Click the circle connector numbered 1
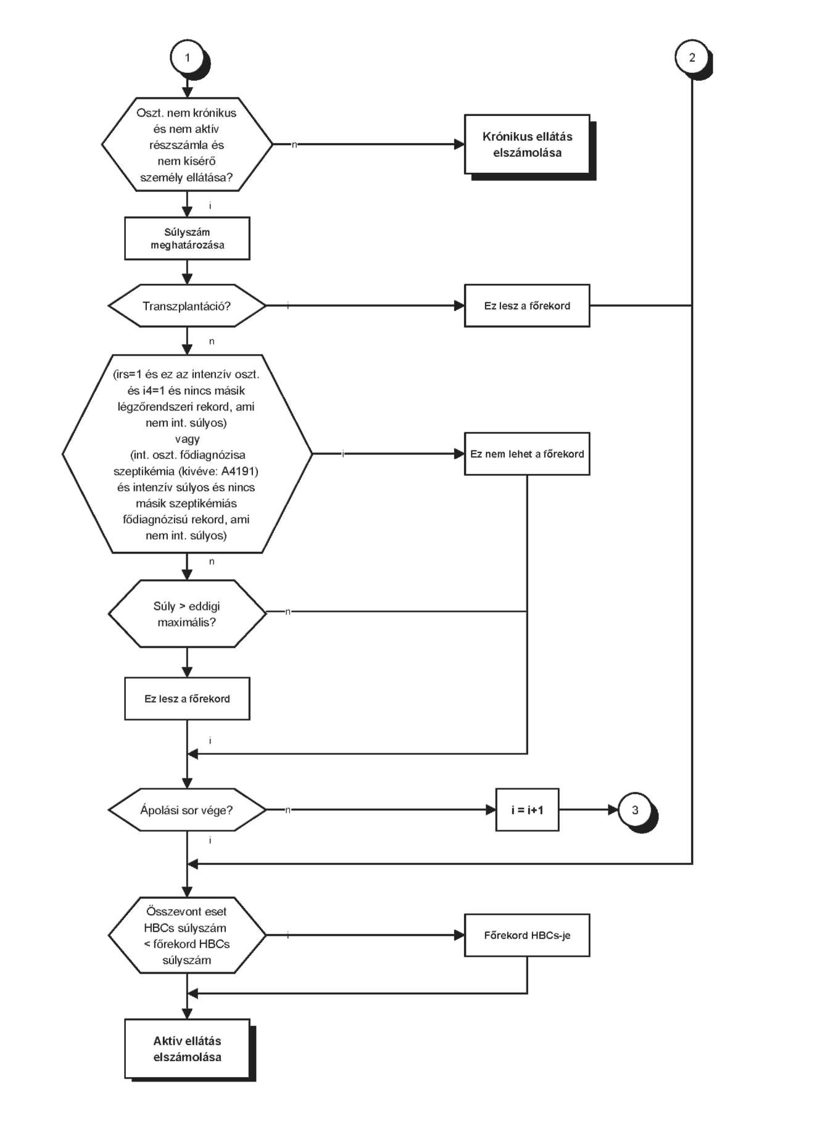point(187,58)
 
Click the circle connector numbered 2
point(692,57)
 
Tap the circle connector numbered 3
point(635,809)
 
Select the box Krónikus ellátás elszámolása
point(527,144)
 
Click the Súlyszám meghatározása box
point(187,238)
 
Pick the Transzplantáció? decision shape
point(187,306)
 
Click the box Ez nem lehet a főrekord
point(527,454)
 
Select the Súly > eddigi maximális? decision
point(187,614)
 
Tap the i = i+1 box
point(527,809)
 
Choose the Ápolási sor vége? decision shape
point(187,809)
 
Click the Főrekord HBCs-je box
point(527,935)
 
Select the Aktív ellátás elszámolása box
point(187,1049)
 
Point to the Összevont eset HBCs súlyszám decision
point(187,935)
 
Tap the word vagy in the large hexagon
point(187,440)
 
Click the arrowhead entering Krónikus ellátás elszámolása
point(459,144)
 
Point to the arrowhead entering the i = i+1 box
point(491,809)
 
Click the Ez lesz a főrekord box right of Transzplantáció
point(527,306)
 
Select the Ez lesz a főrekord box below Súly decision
point(187,699)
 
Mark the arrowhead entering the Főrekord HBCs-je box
point(459,935)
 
